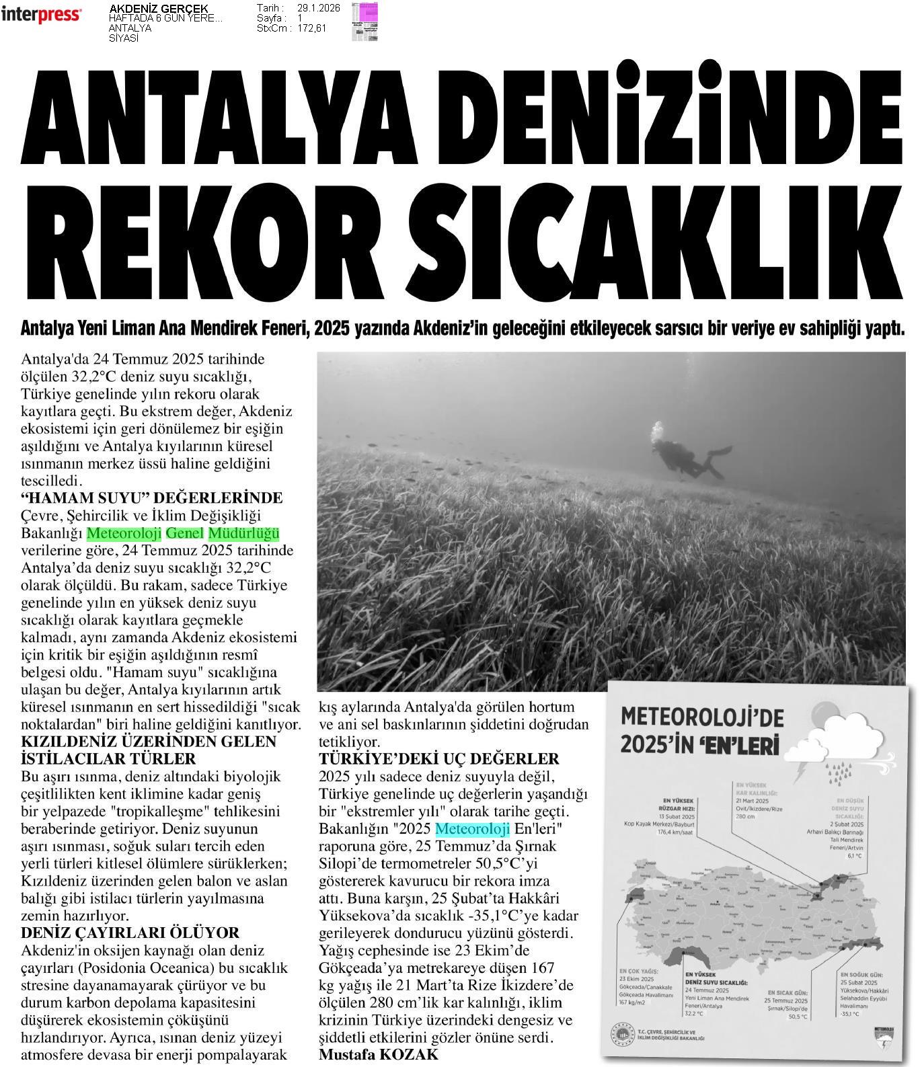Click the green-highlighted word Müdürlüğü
pyautogui.click(x=243, y=534)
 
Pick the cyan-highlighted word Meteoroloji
pyautogui.click(x=472, y=828)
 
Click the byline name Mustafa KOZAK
pyautogui.click(x=378, y=1054)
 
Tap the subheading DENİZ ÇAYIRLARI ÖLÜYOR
pyautogui.click(x=130, y=933)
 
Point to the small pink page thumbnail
pyautogui.click(x=364, y=22)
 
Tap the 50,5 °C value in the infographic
pyautogui.click(x=798, y=1016)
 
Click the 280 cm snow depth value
pyautogui.click(x=746, y=816)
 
